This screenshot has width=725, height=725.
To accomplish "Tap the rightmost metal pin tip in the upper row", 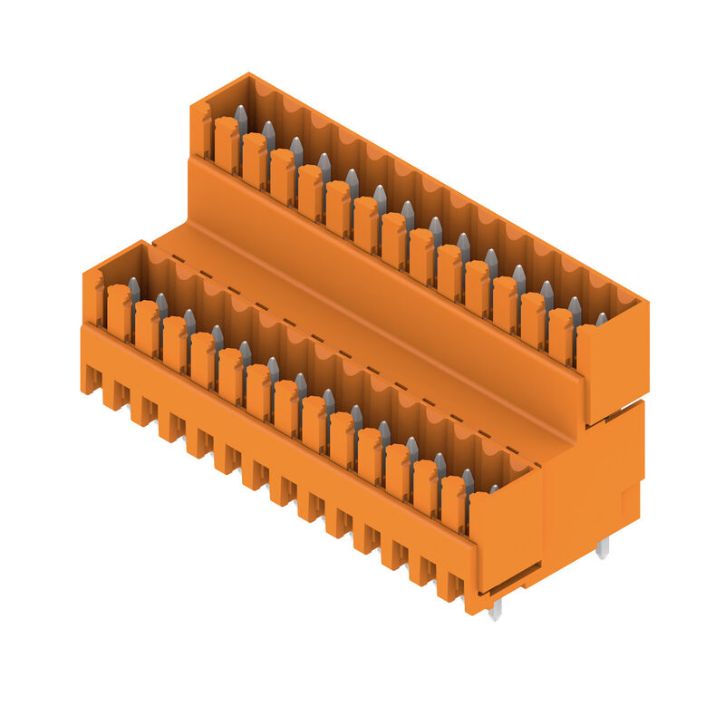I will [x=601, y=319].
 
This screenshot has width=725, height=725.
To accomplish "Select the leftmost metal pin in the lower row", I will [x=134, y=289].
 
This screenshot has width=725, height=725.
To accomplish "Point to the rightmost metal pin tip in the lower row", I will [x=494, y=489].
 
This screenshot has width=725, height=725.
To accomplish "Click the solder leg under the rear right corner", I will [x=603, y=546].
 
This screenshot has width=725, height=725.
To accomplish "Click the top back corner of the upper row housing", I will [x=248, y=75].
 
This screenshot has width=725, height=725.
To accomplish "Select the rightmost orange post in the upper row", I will [x=560, y=335].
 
